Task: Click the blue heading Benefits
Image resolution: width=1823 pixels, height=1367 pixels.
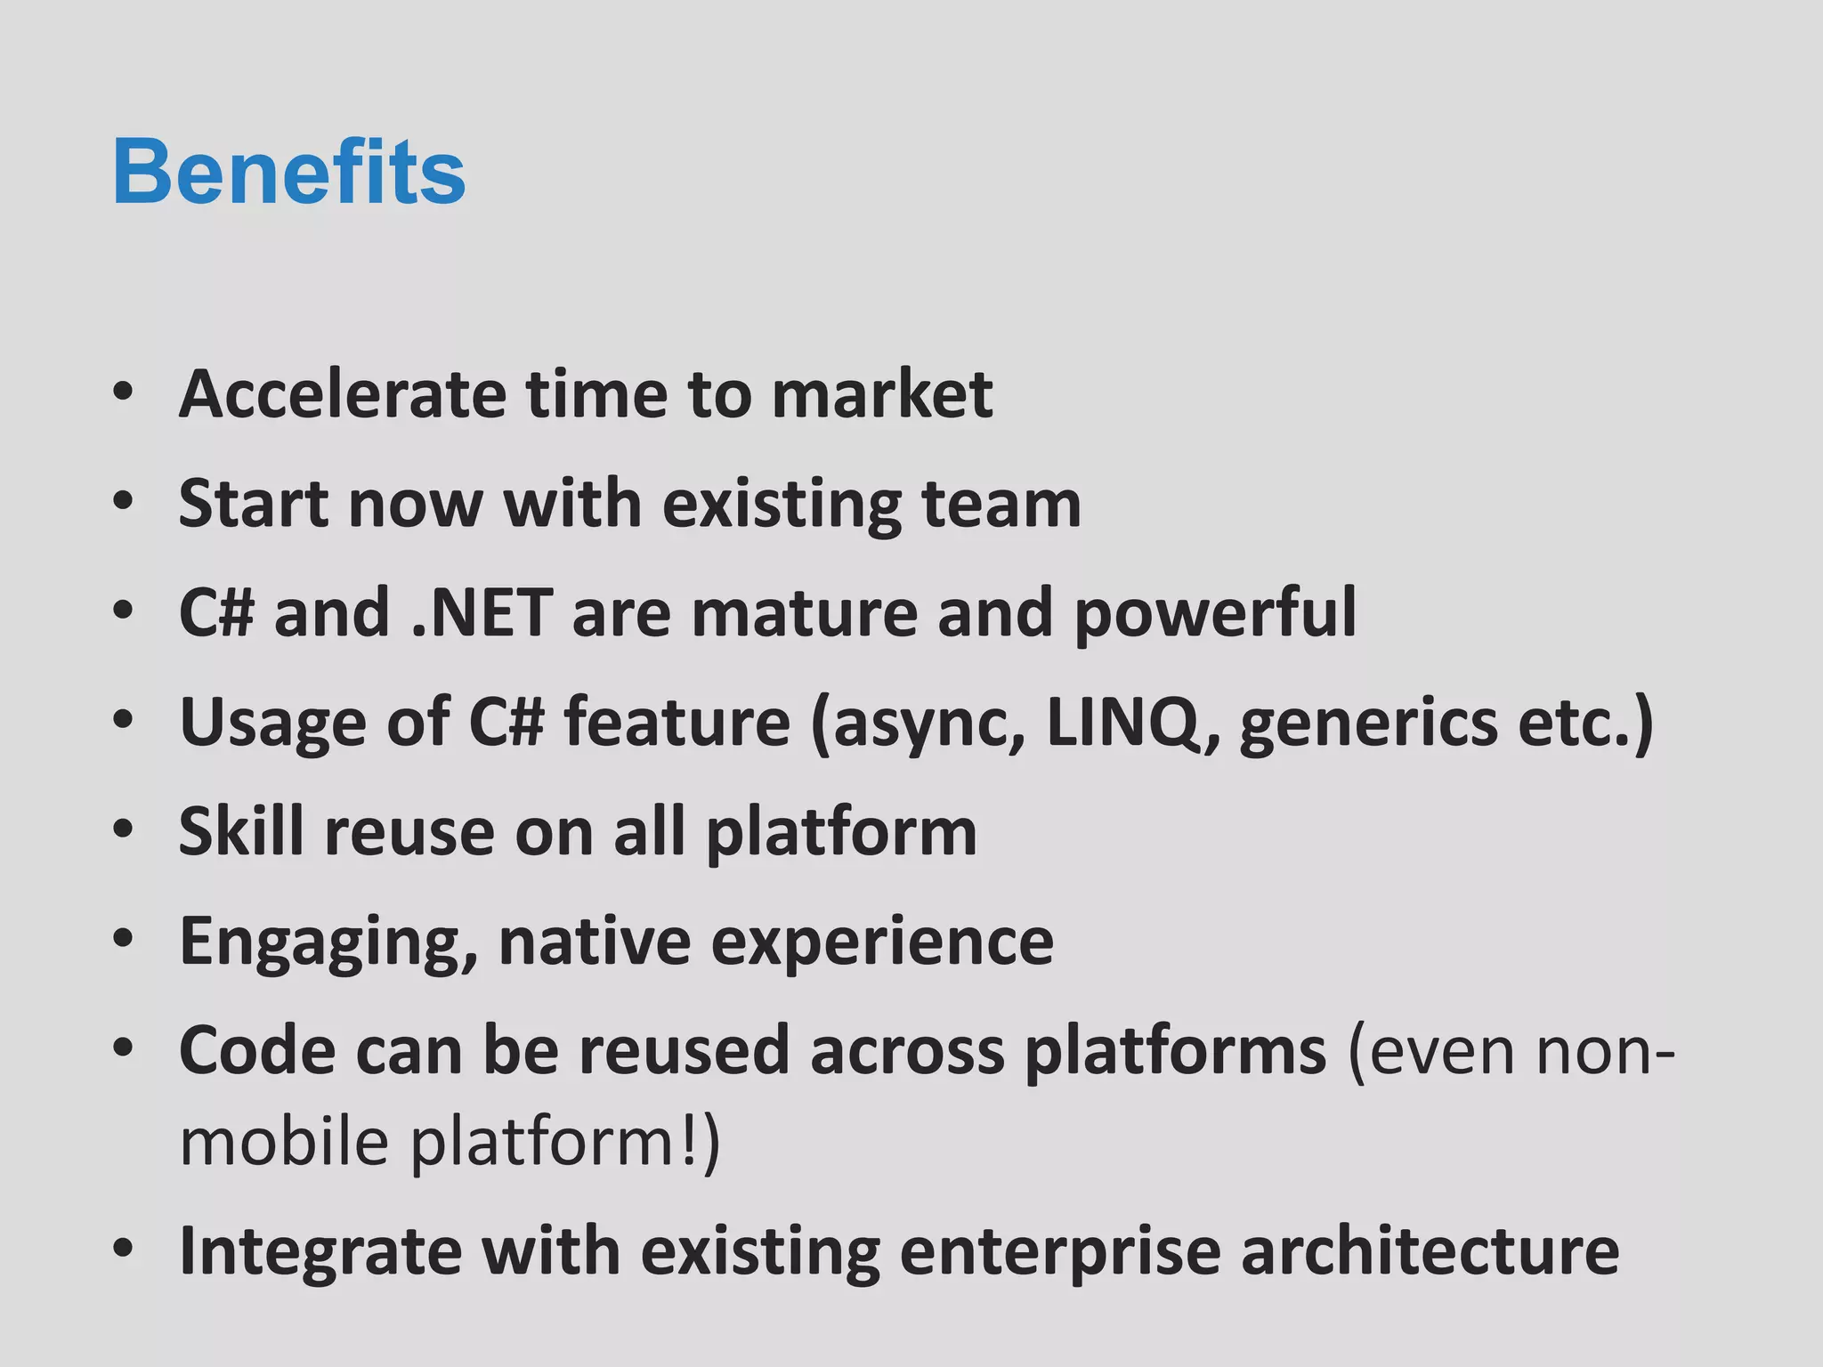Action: click(x=288, y=173)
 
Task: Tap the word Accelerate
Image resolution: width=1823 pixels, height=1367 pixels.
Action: click(x=342, y=393)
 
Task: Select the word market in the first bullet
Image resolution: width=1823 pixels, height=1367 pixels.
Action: click(x=881, y=393)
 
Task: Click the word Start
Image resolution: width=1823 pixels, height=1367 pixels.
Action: click(x=253, y=504)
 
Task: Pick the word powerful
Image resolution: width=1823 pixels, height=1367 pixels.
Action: click(x=1215, y=613)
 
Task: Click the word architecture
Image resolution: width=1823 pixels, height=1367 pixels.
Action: click(x=1430, y=1250)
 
